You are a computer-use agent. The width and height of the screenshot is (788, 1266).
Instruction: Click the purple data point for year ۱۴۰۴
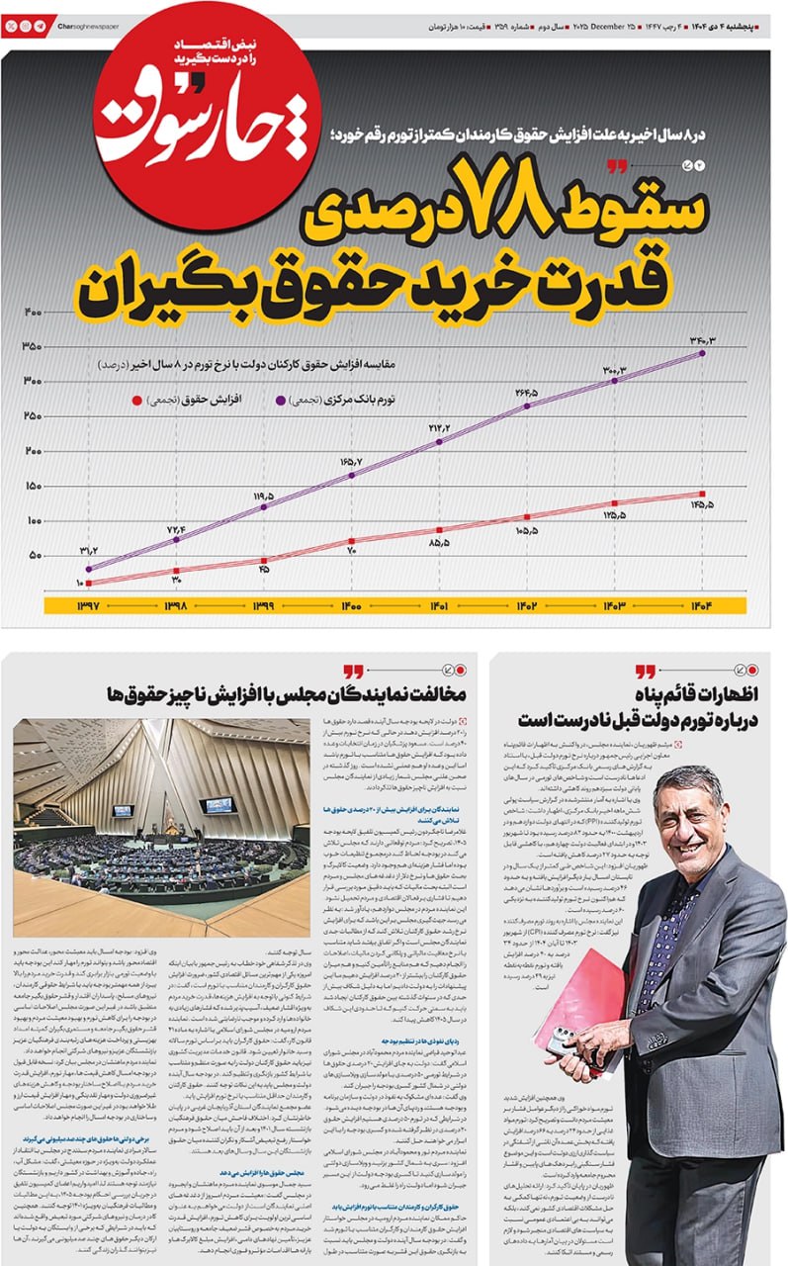702,353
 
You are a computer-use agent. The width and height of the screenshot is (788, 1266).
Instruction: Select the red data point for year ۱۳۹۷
89,583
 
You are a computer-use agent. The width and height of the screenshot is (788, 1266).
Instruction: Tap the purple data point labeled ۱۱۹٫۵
264,507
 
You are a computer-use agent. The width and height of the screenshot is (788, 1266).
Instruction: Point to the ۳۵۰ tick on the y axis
32,346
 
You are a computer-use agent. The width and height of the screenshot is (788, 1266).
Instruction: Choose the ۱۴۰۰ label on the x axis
350,605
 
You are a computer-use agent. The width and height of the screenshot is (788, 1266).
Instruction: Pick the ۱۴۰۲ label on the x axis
526,605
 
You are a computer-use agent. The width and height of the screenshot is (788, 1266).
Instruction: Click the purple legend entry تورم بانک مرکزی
345,401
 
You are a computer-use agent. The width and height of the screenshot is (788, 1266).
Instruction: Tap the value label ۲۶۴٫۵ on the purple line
526,392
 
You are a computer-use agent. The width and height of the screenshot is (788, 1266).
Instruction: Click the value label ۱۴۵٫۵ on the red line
702,505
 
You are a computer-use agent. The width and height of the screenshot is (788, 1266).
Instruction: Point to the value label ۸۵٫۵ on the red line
439,543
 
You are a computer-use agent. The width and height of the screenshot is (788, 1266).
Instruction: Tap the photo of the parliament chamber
161,827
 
